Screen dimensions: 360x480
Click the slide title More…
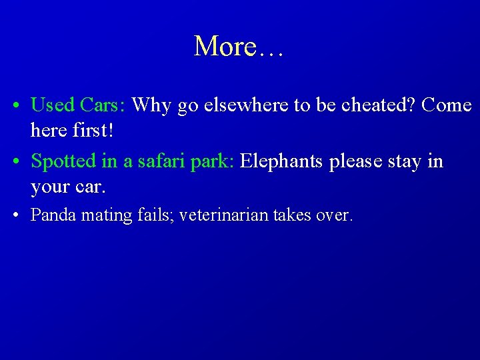click(239, 47)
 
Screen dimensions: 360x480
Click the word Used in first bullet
click(53, 105)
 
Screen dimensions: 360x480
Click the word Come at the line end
click(447, 105)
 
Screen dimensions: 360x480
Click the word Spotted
click(64, 161)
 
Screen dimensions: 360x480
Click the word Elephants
click(281, 161)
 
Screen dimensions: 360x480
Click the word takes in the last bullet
click(291, 215)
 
